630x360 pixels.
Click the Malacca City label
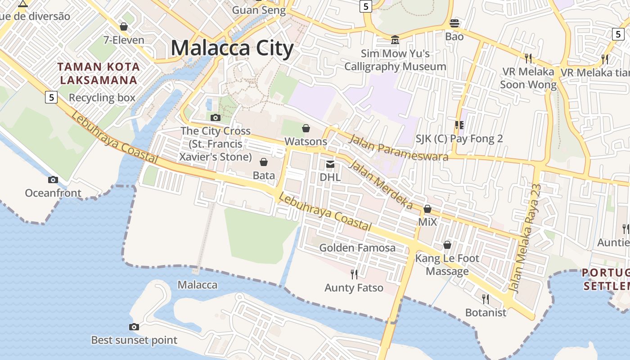pos(232,48)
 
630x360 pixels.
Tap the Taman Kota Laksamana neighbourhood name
pos(99,74)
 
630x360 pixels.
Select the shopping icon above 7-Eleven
pos(124,27)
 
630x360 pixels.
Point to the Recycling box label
pos(102,98)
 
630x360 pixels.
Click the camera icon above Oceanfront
pos(53,180)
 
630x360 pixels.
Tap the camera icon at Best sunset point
pos(134,327)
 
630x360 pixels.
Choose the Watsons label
pos(306,141)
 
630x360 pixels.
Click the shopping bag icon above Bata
pos(264,162)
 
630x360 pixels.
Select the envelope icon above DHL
pos(330,164)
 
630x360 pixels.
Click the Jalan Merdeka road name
pos(381,184)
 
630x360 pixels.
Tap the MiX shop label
pos(427,222)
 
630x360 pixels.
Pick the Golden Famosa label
pos(357,247)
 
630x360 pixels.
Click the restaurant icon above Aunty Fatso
pos(354,274)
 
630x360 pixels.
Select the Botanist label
pos(486,312)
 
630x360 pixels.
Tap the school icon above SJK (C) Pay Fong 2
pos(459,125)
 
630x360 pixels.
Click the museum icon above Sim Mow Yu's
pos(395,40)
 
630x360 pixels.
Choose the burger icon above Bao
pos(454,23)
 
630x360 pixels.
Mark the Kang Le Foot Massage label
pos(447,265)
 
